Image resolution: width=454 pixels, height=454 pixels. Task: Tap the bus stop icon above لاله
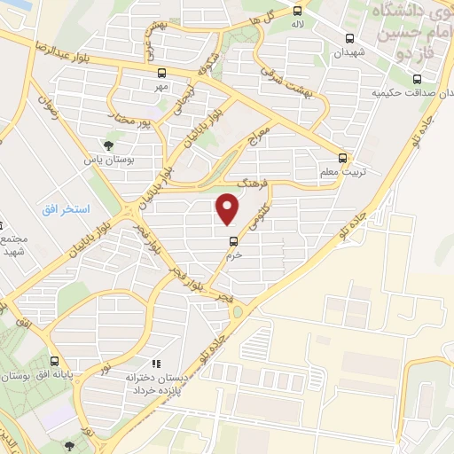coord(298,12)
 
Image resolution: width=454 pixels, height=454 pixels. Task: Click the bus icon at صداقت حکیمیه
coord(421,77)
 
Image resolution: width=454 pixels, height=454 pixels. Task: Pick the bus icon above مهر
coord(160,73)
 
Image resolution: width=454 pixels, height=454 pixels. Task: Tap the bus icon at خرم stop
coord(233,239)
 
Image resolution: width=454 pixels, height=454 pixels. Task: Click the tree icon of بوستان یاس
coord(108,145)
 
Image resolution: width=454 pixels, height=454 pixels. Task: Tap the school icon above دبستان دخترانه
coord(156,364)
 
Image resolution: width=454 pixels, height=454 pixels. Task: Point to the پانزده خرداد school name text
coord(157,390)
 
